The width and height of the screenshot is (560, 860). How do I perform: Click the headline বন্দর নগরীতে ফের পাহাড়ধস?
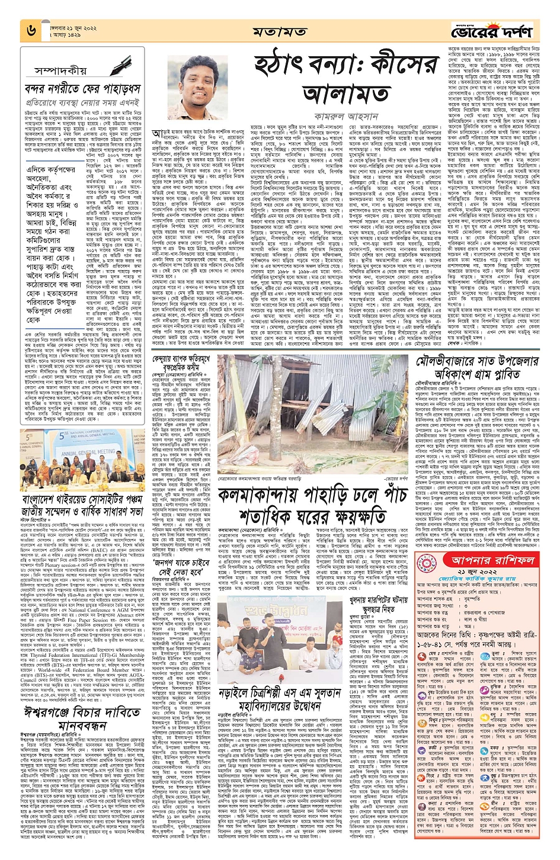point(82,89)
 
